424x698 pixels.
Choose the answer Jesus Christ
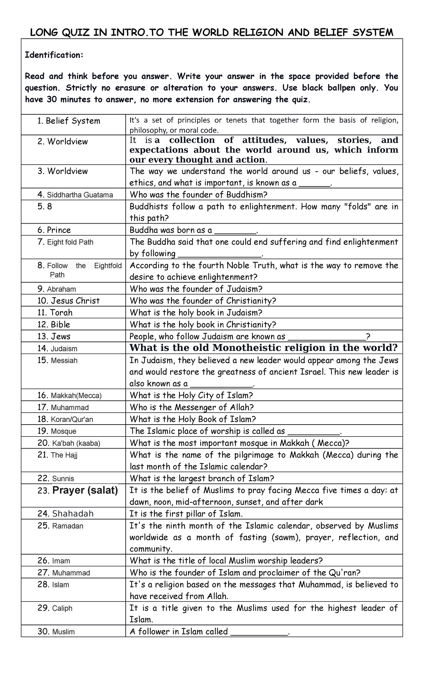75,301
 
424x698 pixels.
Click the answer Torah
61,313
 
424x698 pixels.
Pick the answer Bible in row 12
60,325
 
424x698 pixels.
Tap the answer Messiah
64,361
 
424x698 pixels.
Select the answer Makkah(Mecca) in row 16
76,396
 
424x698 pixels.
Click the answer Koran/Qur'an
72,419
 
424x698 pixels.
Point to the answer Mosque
63,431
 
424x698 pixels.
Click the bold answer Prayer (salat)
85,490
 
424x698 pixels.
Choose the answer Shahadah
73,514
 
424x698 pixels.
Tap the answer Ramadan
67,526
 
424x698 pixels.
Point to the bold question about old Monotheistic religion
264,348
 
